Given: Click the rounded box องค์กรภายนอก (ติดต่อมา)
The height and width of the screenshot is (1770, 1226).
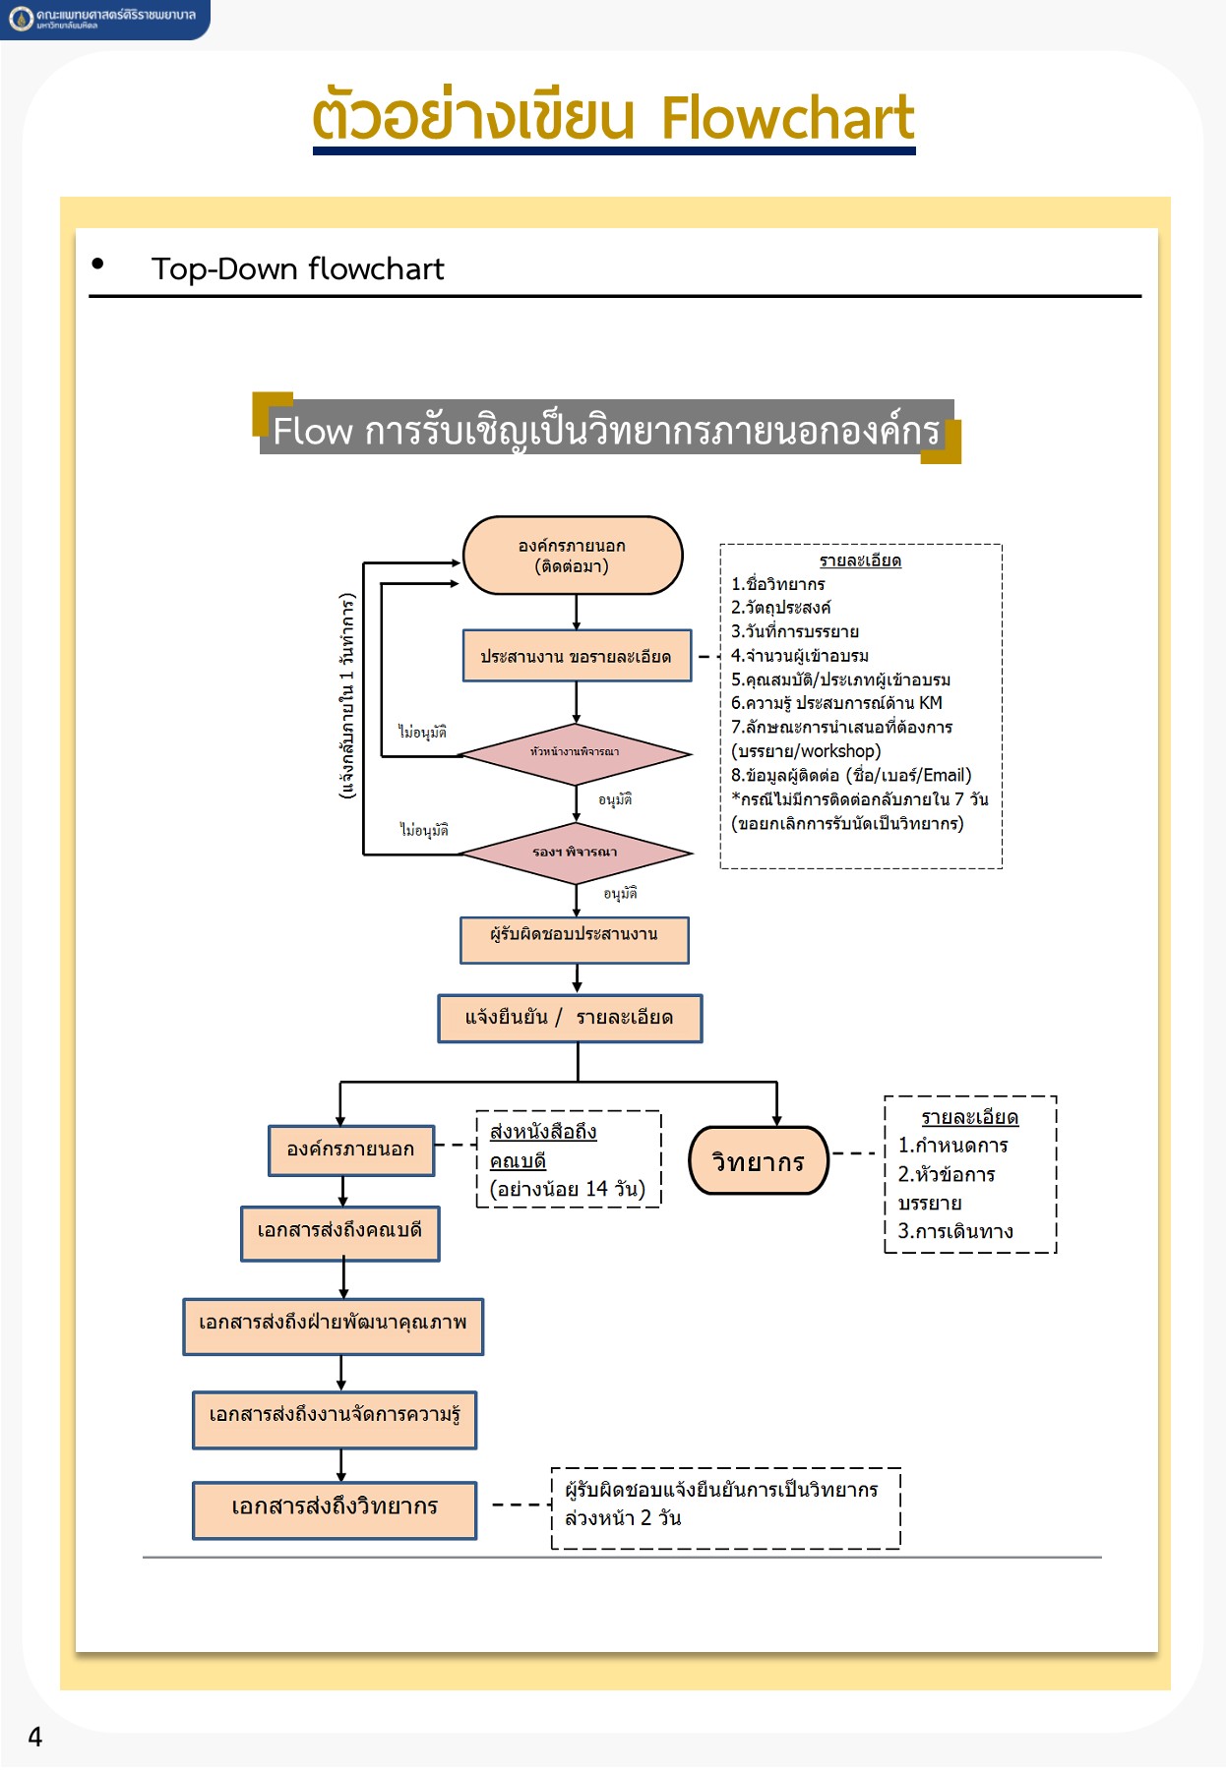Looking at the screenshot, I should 573,556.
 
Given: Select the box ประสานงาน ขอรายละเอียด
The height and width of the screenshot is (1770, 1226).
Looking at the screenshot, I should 577,656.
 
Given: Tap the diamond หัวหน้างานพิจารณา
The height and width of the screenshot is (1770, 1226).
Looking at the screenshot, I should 576,753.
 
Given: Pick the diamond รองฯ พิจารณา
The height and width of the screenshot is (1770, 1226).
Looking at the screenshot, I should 576,853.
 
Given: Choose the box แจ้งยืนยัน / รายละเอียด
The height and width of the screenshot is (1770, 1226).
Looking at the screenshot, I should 570,1018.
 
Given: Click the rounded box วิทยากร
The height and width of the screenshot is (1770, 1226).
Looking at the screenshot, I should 758,1161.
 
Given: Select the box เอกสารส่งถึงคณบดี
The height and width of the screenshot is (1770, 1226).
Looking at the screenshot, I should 340,1232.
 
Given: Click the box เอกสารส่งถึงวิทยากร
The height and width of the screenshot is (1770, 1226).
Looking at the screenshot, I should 335,1509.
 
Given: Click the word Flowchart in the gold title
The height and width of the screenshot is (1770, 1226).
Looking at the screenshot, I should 787,118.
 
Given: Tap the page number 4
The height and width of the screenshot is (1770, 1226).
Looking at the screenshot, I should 35,1737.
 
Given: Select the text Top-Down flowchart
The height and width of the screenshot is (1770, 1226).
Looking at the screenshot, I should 297,268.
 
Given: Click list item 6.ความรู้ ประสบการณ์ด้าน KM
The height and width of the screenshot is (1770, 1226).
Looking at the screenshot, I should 836,703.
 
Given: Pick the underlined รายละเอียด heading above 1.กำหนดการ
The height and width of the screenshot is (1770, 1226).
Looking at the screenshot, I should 969,1117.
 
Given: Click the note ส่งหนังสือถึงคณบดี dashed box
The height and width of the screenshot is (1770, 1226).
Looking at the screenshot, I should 568,1160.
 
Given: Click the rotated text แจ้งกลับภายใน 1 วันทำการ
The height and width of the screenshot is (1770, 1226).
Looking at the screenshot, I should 346,695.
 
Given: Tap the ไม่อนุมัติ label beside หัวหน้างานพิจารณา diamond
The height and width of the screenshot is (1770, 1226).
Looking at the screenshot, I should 422,733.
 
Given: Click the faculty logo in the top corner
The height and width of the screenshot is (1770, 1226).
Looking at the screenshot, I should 21,19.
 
